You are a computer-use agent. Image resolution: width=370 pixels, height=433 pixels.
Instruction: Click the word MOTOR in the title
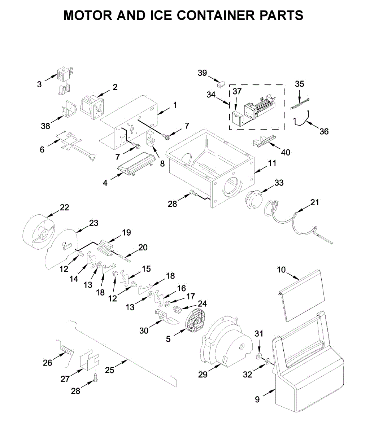88,15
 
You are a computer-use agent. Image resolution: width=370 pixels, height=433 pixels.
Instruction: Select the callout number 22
64,207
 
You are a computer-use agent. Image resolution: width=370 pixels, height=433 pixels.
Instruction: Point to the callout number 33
279,183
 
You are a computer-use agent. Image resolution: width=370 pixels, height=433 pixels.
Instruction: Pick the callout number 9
257,399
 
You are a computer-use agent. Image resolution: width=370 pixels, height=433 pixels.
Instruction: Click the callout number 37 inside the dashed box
237,91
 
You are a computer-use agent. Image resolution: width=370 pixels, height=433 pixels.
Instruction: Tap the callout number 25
109,370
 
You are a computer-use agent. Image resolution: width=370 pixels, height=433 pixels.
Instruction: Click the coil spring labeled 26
67,350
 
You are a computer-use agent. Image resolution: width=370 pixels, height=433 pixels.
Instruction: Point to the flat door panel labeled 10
302,296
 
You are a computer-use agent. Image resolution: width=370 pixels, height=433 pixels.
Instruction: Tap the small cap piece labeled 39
221,84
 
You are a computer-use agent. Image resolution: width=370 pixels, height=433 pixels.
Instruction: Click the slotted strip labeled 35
300,103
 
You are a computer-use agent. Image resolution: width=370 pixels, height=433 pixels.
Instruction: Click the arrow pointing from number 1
164,111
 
